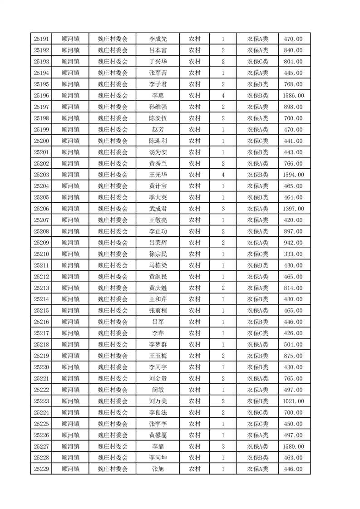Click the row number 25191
(x=41, y=39)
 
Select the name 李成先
(x=158, y=39)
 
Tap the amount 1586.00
(x=293, y=96)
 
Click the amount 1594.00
(x=293, y=175)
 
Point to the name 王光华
(x=158, y=175)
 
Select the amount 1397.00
(x=293, y=209)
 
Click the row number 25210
(x=41, y=254)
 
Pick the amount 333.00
(x=293, y=254)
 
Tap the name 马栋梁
(x=158, y=265)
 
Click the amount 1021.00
(x=293, y=401)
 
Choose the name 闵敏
(x=158, y=390)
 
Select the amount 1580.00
(x=293, y=446)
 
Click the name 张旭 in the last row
(x=158, y=469)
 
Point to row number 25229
(x=41, y=469)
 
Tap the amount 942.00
(x=293, y=243)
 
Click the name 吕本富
(x=158, y=50)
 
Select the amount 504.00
(x=293, y=344)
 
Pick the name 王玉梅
(x=158, y=356)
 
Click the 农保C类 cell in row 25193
(x=257, y=62)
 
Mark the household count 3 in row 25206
(x=223, y=209)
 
